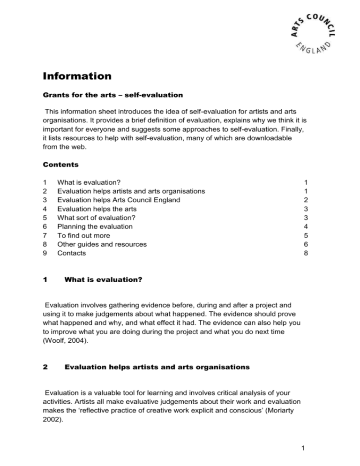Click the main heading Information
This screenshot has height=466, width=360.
click(79, 76)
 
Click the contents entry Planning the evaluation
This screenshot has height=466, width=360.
click(95, 226)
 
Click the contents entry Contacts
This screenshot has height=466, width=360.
click(71, 253)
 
